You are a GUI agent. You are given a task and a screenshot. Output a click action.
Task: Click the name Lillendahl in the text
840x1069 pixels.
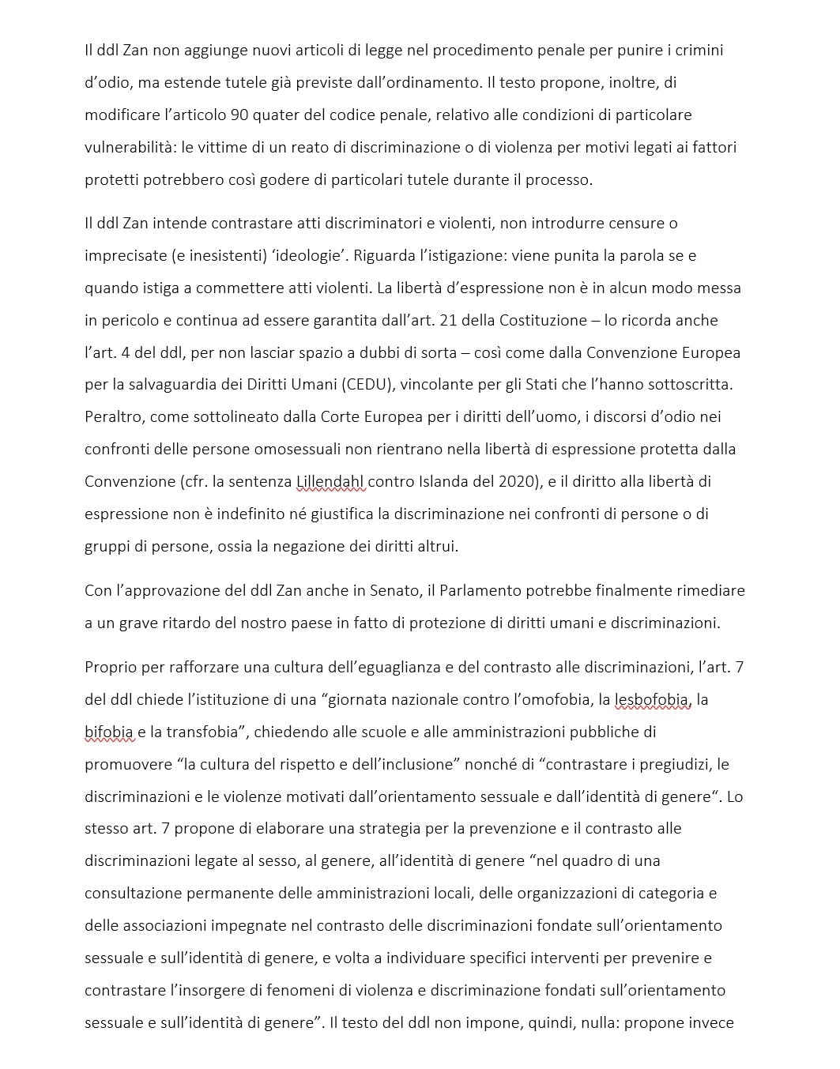tap(330, 481)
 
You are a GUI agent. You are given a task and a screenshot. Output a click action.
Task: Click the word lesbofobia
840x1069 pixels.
tap(653, 699)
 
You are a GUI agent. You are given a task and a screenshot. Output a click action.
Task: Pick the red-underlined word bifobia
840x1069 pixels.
tap(109, 732)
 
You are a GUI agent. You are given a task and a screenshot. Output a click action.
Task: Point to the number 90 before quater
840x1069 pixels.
tap(239, 115)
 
